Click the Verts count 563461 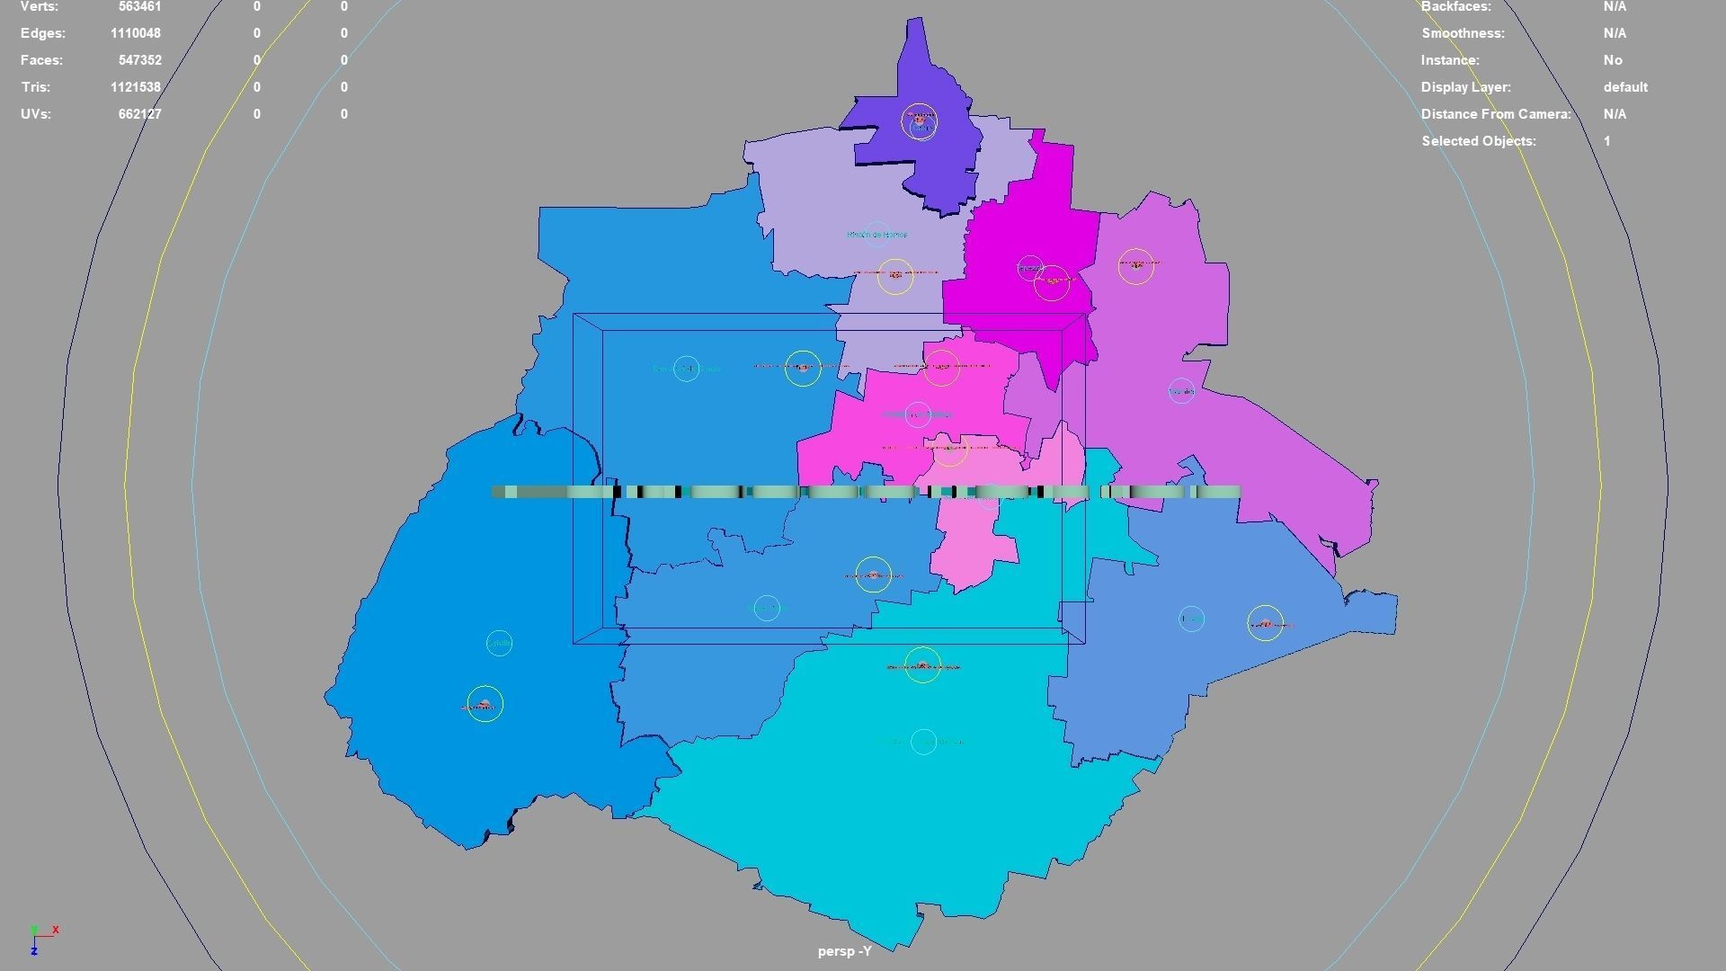139,6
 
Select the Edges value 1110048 136,33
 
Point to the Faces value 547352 139,60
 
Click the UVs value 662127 139,114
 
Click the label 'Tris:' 35,87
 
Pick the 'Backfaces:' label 1455,6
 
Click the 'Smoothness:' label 1463,33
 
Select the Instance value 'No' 1613,60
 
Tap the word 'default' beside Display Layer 1625,87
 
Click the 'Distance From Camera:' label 1496,114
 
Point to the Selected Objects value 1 1607,141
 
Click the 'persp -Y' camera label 844,951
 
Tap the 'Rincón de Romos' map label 876,235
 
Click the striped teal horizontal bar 865,492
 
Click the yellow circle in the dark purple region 919,120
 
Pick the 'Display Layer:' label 1465,87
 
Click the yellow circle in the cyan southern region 922,665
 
